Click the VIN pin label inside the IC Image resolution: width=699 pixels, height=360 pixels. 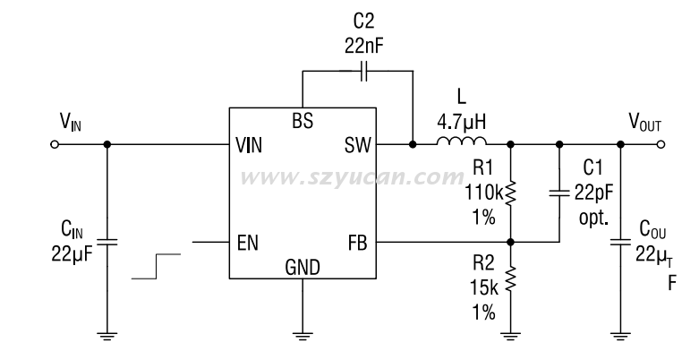248,145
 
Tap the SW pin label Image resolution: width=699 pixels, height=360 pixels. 356,145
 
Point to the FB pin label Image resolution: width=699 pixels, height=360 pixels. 357,242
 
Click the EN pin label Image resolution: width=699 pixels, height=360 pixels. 247,242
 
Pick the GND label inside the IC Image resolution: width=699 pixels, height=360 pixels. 302,266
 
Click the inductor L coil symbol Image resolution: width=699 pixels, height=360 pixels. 462,143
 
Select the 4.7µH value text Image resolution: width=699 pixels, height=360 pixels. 462,120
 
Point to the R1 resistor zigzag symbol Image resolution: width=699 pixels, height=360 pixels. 511,191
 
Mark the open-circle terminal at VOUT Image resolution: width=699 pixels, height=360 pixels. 661,144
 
